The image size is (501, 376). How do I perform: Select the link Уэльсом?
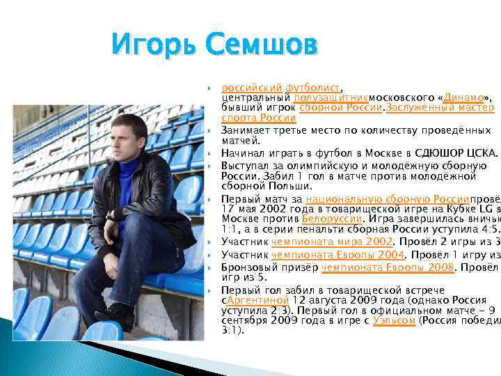[395, 320]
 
